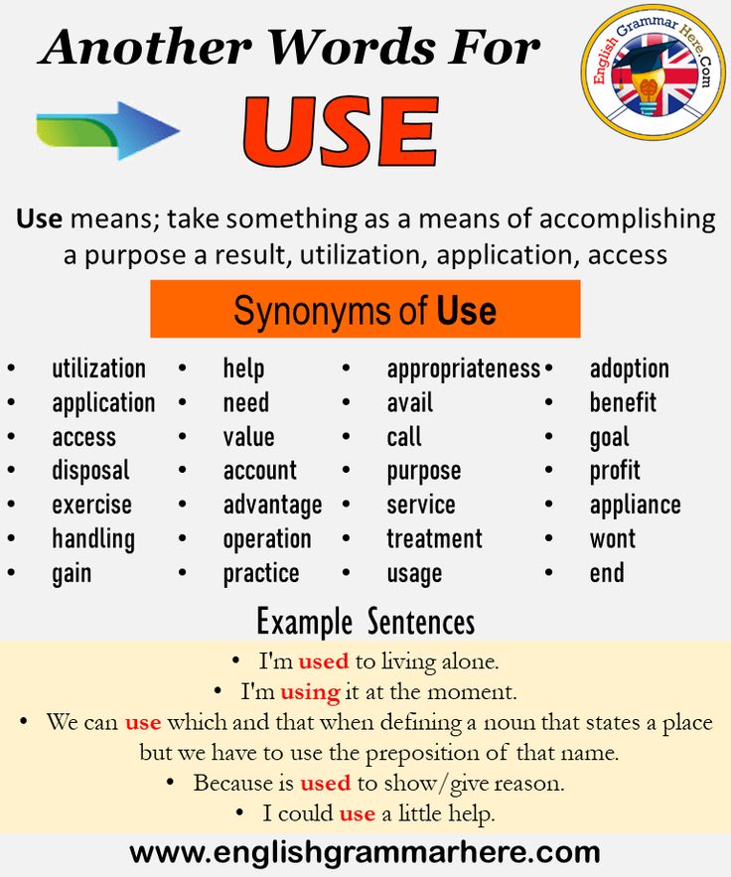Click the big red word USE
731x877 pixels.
click(x=340, y=131)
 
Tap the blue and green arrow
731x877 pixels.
click(x=108, y=131)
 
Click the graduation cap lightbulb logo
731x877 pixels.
click(x=653, y=72)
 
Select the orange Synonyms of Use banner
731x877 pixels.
click(x=365, y=309)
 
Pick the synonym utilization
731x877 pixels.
click(x=99, y=369)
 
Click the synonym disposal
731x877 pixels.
click(x=90, y=471)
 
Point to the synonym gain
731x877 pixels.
click(x=72, y=574)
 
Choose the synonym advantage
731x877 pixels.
click(x=272, y=506)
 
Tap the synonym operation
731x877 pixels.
click(x=267, y=539)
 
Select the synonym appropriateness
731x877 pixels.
click(x=464, y=369)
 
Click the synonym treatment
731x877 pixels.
click(x=435, y=539)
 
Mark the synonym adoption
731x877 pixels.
click(x=630, y=369)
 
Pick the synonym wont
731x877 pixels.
click(x=613, y=539)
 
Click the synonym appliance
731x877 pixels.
click(x=636, y=506)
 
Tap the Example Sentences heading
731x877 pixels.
click(x=365, y=622)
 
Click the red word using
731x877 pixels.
click(x=311, y=693)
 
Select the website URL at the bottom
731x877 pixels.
click(x=365, y=853)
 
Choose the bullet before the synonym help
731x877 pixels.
click(x=183, y=368)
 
